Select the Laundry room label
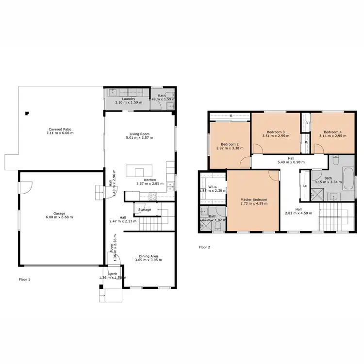pos(128,99)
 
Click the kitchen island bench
pos(140,171)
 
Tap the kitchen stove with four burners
pos(152,197)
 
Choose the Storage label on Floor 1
pos(145,210)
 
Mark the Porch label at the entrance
pos(112,274)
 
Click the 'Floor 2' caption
pos(204,247)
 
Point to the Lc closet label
pos(305,186)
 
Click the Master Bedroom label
pos(253,199)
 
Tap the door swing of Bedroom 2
pos(245,163)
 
